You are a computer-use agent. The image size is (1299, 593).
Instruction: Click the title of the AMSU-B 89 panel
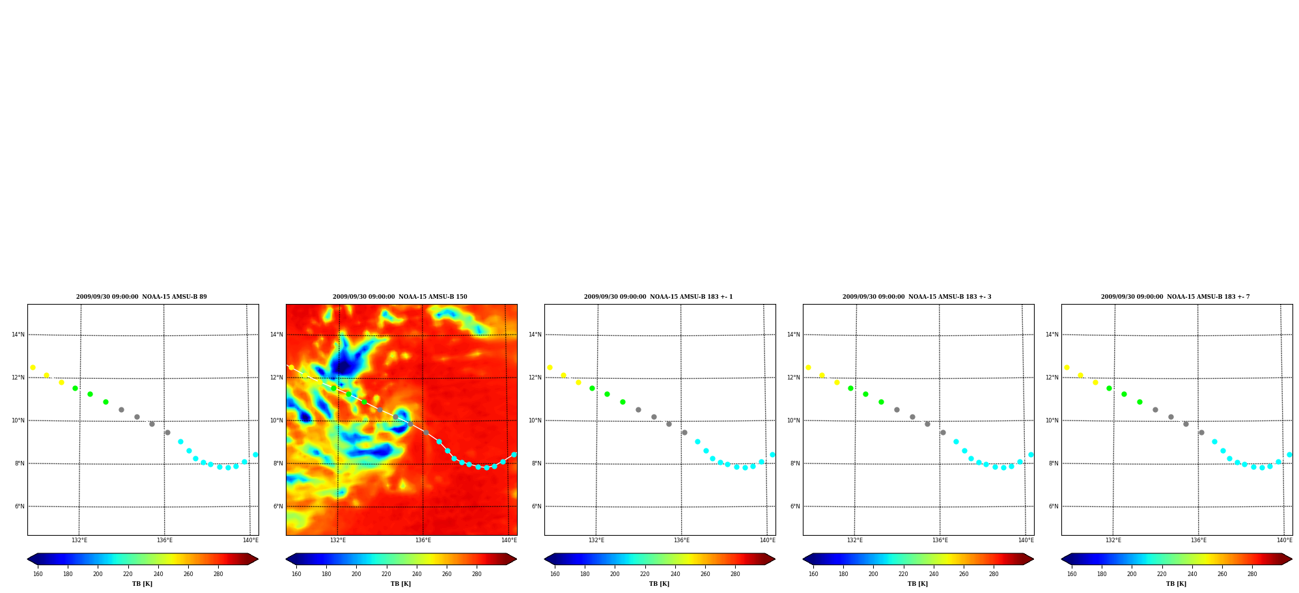click(141, 297)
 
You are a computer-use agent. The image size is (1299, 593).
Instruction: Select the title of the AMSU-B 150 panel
click(400, 297)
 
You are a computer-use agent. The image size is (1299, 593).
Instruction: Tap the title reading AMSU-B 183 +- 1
click(658, 297)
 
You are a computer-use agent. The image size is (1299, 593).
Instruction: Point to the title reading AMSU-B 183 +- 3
click(917, 297)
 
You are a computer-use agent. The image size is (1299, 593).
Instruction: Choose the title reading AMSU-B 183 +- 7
click(1175, 297)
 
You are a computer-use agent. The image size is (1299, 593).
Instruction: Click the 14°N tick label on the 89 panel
click(18, 335)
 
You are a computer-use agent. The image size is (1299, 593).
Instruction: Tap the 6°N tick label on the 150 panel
click(278, 506)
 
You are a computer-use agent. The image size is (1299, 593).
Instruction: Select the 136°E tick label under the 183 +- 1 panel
click(682, 540)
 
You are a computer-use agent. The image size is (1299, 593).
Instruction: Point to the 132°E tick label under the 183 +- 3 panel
click(855, 540)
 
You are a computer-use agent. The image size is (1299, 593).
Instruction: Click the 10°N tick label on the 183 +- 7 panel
click(1052, 421)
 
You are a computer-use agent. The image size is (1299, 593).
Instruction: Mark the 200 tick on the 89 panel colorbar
click(98, 573)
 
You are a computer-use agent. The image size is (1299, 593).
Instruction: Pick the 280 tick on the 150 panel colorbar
click(477, 573)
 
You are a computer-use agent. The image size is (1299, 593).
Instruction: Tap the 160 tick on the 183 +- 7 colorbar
click(1072, 573)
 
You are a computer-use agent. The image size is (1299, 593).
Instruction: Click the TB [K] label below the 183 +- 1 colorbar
click(659, 584)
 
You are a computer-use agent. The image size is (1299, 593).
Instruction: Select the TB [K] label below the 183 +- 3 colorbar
click(917, 584)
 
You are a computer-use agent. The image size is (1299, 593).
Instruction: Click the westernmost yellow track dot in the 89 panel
click(33, 368)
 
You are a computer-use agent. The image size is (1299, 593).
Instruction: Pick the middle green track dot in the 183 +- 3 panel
click(865, 394)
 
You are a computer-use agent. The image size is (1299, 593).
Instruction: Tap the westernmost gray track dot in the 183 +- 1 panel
click(638, 409)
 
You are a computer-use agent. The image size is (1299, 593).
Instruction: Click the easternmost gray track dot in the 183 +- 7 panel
click(1201, 432)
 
